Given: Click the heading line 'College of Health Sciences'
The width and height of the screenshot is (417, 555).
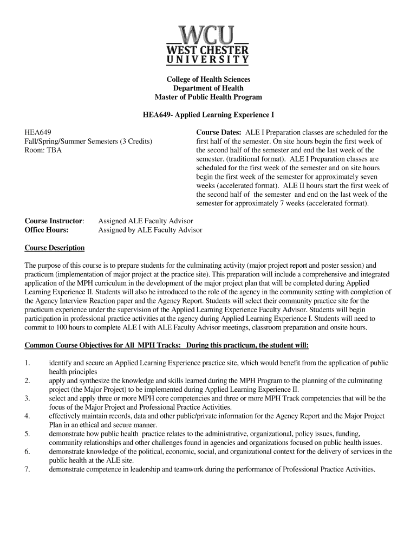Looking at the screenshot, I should (x=208, y=79).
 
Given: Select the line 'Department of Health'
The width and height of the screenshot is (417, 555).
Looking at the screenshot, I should (x=208, y=88).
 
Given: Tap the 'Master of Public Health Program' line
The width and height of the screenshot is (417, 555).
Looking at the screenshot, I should (x=208, y=98).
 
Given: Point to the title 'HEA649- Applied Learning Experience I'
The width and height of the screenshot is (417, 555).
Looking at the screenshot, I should (x=208, y=115).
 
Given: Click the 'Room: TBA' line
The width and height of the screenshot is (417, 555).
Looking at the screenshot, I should (x=43, y=150).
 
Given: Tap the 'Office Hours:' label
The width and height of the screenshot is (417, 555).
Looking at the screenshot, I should (x=47, y=230).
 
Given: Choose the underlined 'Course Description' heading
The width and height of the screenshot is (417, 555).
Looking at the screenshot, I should (x=55, y=248).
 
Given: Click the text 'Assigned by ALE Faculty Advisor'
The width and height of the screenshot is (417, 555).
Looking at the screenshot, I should (x=150, y=230).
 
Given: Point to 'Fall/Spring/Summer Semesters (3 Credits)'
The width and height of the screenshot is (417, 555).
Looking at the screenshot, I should (x=88, y=141).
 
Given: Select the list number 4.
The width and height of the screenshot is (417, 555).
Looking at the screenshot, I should (x=27, y=416).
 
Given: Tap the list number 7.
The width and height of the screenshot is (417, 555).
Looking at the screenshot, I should (x=27, y=469).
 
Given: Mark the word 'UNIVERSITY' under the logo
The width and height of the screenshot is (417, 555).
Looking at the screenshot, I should (x=208, y=60).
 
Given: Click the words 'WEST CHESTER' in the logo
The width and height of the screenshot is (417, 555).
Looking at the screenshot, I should (x=208, y=50).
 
